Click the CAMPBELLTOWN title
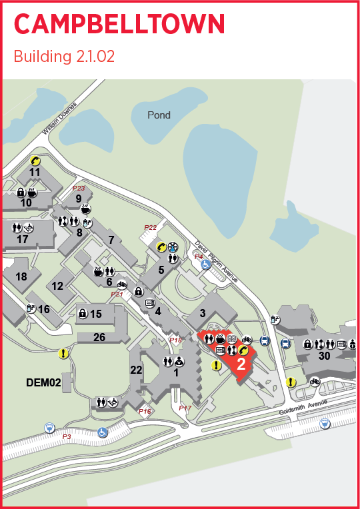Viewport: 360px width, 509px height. point(119,24)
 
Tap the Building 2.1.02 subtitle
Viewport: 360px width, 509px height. point(64,57)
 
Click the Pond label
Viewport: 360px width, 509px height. point(159,115)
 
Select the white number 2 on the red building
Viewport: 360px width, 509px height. point(241,364)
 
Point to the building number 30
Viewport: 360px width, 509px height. point(325,356)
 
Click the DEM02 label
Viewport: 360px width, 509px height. point(43,382)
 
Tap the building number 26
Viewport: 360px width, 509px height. point(99,338)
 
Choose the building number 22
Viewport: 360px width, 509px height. point(136,370)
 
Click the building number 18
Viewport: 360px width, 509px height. point(21,276)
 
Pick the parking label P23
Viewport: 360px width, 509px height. point(79,189)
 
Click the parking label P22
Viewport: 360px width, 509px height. point(150,227)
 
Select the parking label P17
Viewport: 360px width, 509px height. point(185,408)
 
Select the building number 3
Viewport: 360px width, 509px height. point(203,314)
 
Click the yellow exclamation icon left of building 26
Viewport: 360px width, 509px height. point(63,354)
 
